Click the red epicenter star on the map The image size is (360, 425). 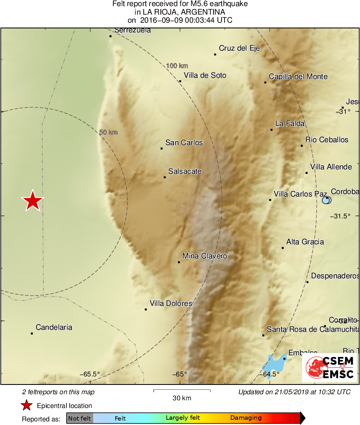tap(32, 201)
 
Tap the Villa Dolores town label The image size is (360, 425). tap(171, 303)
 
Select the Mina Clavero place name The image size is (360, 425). tap(205, 256)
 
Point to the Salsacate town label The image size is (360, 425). tap(185, 171)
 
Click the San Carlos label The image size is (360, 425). tap(184, 143)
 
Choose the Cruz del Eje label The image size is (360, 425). tap(239, 49)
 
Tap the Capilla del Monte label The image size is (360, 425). tap(298, 77)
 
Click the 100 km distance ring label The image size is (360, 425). tap(177, 66)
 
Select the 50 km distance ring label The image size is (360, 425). tap(108, 132)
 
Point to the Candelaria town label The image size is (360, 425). tap(54, 327)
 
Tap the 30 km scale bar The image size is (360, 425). tap(182, 391)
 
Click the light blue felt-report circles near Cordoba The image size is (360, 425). tap(326, 200)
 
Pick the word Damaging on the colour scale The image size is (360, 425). tap(246, 418)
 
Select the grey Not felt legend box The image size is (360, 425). tap(79, 418)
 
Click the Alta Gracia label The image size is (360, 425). tap(305, 242)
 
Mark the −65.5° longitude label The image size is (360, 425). tap(90, 374)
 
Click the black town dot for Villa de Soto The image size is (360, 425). tap(180, 81)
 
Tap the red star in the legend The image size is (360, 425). tap(27, 405)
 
